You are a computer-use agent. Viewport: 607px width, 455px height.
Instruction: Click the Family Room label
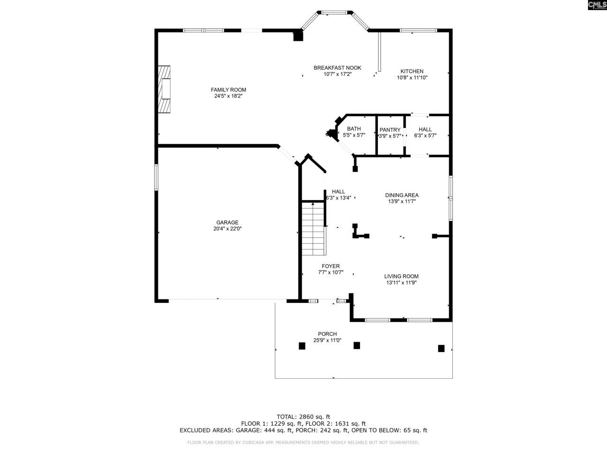(x=228, y=90)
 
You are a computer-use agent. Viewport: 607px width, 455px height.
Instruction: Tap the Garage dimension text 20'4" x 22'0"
(x=227, y=229)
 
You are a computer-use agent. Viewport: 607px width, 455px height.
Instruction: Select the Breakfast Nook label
(x=337, y=68)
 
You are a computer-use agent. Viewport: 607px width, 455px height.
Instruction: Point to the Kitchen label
(x=412, y=71)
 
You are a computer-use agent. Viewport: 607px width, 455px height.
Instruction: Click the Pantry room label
(x=390, y=130)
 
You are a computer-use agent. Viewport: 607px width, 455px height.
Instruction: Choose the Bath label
(x=354, y=129)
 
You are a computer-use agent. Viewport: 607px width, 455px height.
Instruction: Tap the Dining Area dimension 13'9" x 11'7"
(x=402, y=201)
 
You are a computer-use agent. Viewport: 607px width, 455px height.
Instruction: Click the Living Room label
(x=401, y=276)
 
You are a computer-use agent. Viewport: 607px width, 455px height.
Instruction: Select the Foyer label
(x=331, y=266)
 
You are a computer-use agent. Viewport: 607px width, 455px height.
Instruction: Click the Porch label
(x=327, y=334)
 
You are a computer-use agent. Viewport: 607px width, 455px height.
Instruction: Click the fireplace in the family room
(x=165, y=89)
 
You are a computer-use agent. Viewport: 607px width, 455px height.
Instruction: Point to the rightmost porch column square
(x=441, y=348)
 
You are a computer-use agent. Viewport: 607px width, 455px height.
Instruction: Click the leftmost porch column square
(x=302, y=346)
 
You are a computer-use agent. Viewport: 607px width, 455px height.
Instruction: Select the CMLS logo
(x=597, y=5)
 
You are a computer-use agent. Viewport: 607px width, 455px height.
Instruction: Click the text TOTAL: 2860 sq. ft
(x=303, y=417)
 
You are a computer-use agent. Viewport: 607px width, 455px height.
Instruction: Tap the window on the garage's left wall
(x=156, y=177)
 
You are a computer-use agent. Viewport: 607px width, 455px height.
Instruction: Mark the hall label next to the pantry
(x=425, y=129)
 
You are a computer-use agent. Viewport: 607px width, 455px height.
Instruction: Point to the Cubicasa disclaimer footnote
(x=303, y=443)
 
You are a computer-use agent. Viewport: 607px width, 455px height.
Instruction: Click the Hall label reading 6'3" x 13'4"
(x=339, y=198)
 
